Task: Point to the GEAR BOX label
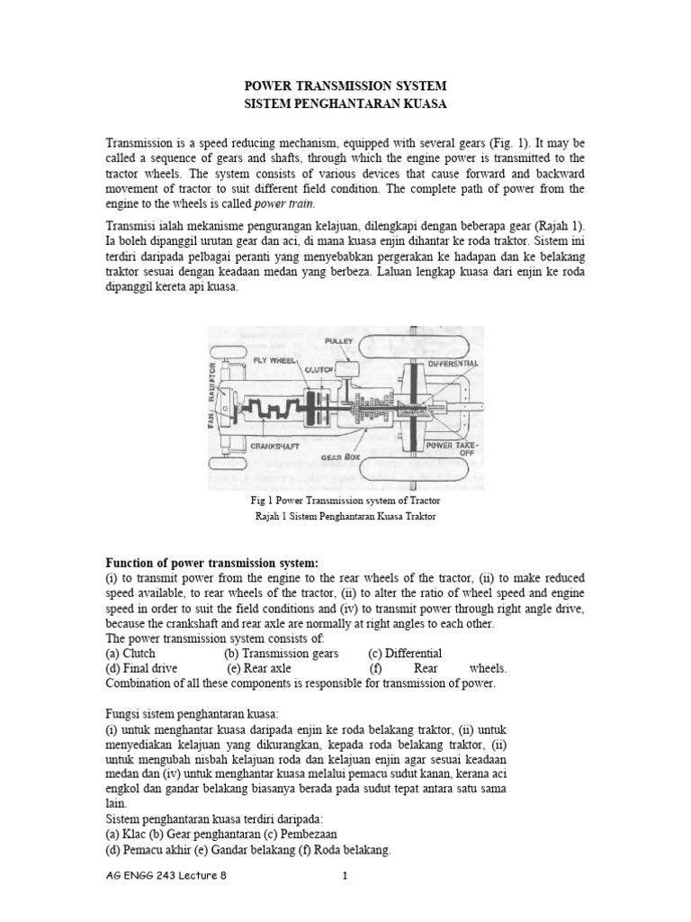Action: [347, 457]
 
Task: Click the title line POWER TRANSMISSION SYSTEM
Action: [345, 86]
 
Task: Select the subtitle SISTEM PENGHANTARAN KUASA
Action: [345, 104]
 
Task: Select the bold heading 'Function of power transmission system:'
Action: [212, 563]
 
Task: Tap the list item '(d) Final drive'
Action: [141, 668]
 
